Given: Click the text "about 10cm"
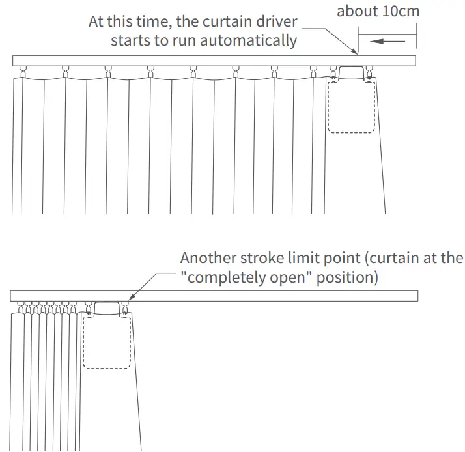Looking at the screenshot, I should click(378, 11).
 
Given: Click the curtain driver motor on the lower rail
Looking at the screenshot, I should click(108, 307).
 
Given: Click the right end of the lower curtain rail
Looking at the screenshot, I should click(416, 296).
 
